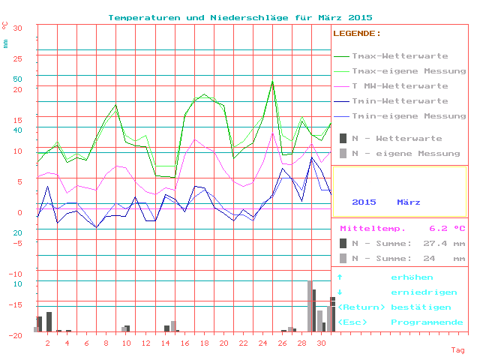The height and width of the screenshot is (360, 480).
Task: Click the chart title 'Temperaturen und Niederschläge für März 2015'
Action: pos(240,17)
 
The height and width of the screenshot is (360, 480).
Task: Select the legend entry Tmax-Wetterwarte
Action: pos(400,56)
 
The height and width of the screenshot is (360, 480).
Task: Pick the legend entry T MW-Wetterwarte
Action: pos(400,86)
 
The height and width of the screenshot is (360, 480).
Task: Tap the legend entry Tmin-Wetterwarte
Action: pos(400,101)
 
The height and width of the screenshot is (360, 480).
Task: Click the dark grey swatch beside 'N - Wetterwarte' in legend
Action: pos(343,139)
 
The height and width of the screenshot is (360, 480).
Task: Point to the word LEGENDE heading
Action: pos(356,34)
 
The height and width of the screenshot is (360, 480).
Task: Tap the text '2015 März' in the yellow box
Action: pos(386,202)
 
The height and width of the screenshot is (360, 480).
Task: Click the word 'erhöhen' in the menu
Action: pos(412,277)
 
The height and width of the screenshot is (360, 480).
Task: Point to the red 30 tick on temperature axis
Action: pos(18,28)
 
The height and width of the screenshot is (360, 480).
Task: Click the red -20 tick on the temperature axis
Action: pos(16,335)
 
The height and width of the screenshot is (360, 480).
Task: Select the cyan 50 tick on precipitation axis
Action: pos(18,79)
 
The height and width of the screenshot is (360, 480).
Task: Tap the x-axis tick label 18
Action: pos(204,343)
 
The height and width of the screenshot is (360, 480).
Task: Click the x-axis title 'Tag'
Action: pos(457,350)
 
